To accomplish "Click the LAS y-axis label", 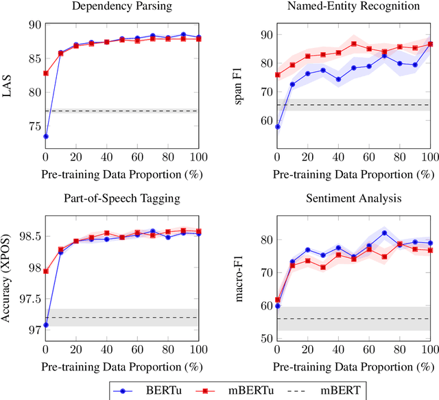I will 8,89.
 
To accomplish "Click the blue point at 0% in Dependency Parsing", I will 45,137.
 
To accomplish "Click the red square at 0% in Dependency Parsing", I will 45,73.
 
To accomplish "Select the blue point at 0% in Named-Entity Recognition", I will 277,127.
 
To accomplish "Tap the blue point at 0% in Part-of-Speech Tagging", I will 45,325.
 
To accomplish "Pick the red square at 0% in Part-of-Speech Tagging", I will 45,271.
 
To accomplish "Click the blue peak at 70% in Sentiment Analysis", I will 384,233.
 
